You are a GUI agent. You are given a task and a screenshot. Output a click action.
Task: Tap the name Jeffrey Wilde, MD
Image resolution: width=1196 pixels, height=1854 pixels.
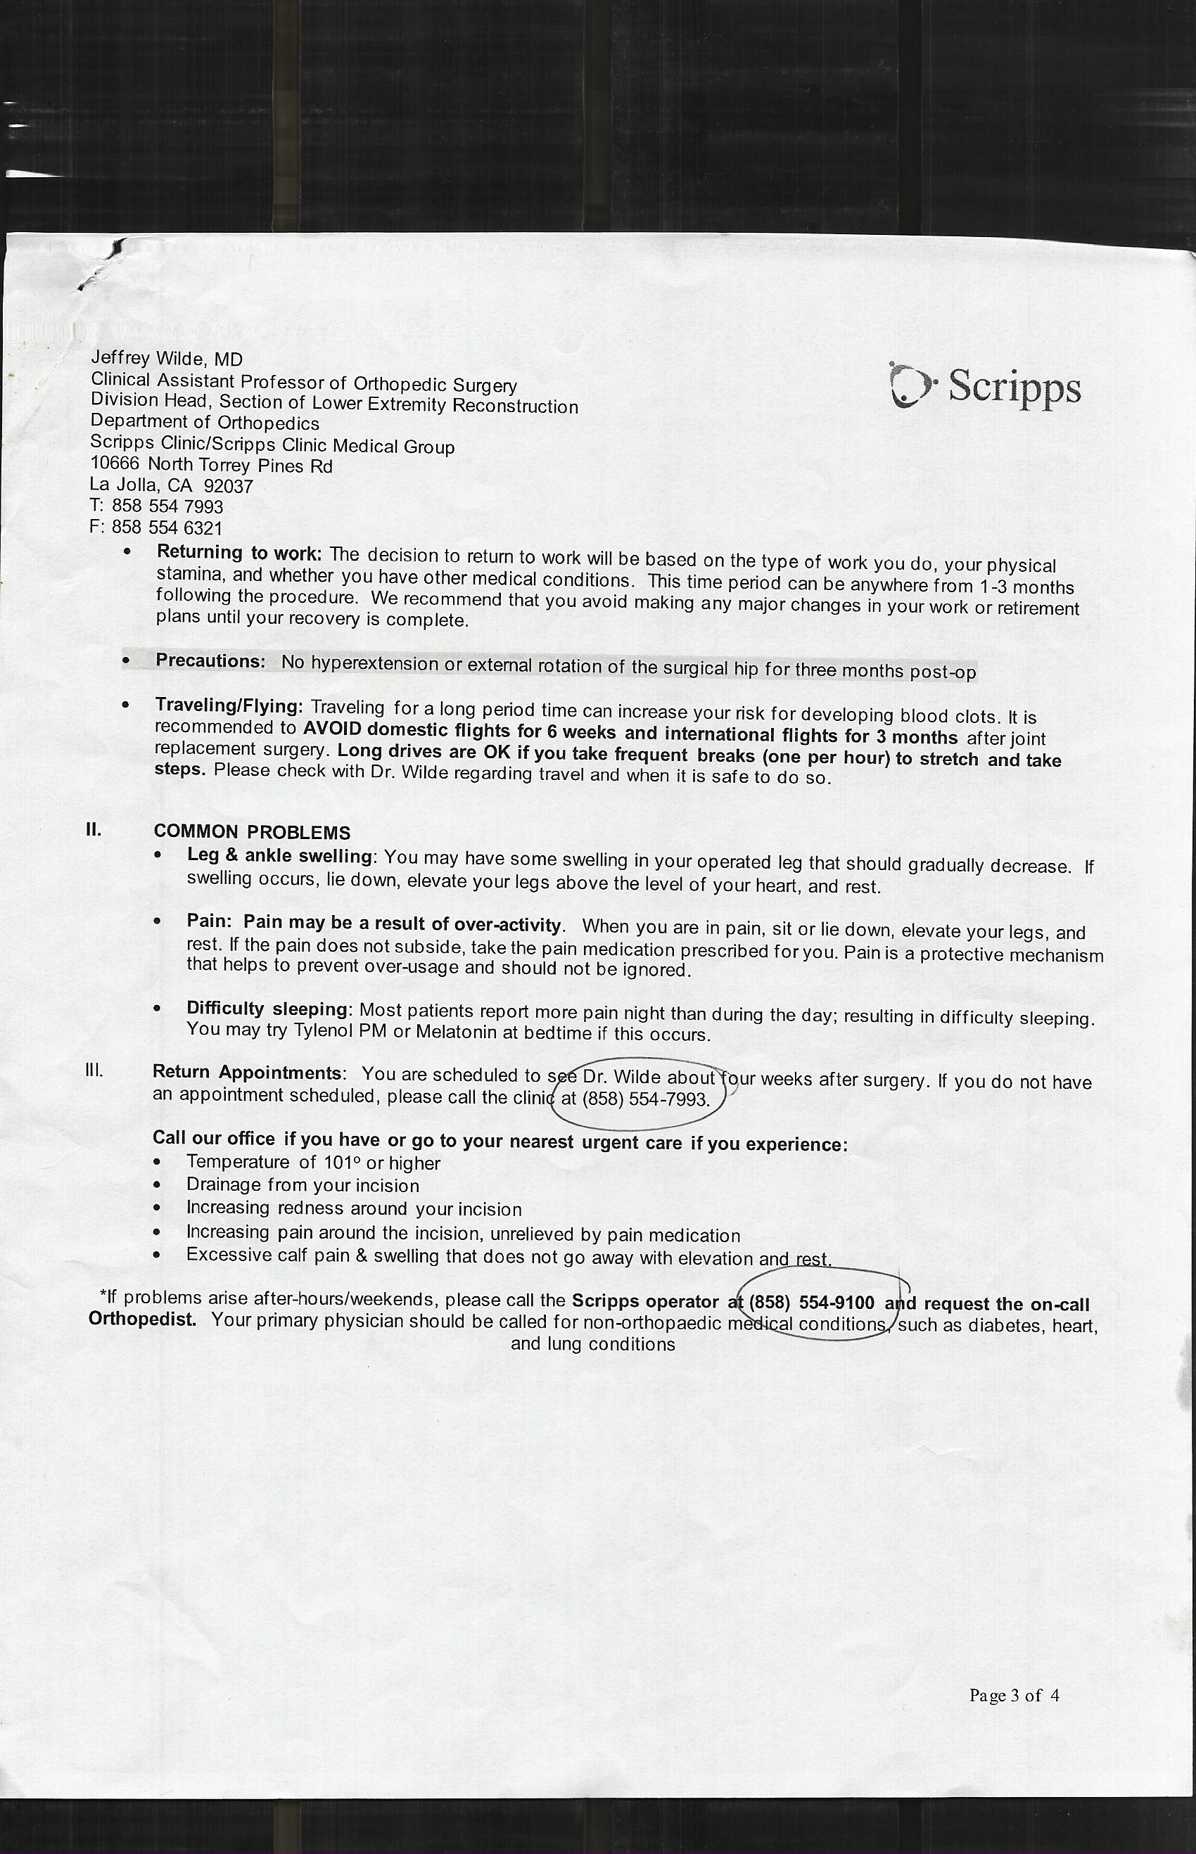tap(167, 359)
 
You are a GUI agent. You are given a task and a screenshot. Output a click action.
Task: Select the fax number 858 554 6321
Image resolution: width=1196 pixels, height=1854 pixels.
tap(167, 528)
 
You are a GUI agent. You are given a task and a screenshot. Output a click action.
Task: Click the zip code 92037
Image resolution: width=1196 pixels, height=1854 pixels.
tap(229, 487)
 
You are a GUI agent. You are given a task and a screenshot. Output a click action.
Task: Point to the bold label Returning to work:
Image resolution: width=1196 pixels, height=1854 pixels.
tap(238, 553)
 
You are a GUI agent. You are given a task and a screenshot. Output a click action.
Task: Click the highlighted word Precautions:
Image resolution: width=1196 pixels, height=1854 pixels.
tap(210, 660)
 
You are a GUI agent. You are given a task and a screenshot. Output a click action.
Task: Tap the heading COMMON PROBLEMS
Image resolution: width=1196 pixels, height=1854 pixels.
tap(252, 832)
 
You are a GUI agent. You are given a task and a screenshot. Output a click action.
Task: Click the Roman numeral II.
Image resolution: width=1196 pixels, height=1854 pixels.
tap(93, 829)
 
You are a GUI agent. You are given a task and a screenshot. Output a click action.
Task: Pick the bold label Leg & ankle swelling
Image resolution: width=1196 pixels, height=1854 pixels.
tap(279, 855)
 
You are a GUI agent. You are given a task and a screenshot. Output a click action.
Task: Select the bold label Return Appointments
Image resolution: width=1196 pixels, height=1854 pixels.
tap(247, 1072)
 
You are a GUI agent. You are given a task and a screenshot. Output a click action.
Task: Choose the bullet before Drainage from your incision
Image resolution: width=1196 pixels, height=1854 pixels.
tap(158, 1187)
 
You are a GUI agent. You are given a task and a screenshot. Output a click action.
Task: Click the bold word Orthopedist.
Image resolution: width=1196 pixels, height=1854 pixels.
tap(142, 1319)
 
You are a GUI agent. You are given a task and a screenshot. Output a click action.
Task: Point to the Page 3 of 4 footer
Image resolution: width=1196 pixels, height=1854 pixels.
tap(1014, 1695)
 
